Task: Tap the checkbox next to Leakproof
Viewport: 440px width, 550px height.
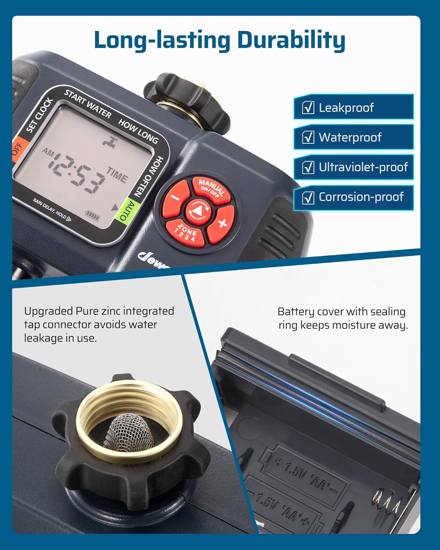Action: (x=308, y=107)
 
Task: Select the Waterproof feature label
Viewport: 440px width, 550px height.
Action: (x=350, y=137)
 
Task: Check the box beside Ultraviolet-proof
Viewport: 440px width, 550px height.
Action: (x=308, y=167)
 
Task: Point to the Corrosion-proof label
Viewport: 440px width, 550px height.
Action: (x=361, y=197)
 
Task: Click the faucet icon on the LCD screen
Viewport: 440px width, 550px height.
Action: (x=109, y=141)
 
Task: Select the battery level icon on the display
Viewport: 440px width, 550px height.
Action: (x=92, y=213)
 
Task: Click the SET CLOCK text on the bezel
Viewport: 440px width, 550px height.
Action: (x=39, y=115)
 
